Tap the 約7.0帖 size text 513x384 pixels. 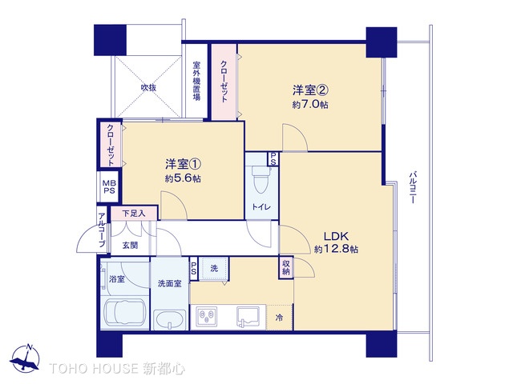311,105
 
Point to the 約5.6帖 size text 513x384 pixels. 183,178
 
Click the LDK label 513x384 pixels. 336,236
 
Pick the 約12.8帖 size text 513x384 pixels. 336,250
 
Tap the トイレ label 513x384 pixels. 262,207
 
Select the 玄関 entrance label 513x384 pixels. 130,245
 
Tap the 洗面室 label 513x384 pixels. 169,282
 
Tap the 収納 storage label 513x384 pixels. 286,267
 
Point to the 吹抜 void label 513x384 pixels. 148,87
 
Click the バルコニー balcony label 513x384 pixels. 412,189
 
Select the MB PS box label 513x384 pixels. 108,188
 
